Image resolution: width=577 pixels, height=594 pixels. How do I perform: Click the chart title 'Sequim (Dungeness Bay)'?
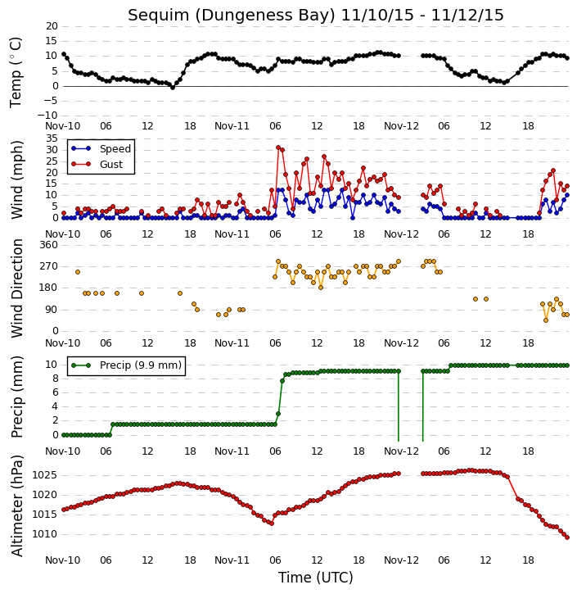click(232, 16)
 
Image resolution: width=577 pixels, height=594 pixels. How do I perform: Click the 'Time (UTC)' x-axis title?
click(316, 578)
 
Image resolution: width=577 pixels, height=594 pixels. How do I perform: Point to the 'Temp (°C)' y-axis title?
click(16, 72)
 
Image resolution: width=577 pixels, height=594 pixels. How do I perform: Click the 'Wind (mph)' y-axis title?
click(17, 179)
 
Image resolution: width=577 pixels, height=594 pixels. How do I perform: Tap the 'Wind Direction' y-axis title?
click(17, 288)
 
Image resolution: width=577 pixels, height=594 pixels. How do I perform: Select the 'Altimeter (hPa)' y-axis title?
click(17, 506)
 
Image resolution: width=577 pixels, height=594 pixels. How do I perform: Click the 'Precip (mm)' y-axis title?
click(17, 397)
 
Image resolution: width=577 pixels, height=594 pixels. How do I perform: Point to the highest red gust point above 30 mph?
click(278, 147)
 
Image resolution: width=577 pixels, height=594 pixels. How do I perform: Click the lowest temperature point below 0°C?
click(173, 88)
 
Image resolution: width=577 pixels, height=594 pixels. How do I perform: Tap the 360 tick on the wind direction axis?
click(49, 245)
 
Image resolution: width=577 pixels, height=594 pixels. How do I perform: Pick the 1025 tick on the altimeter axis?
click(45, 475)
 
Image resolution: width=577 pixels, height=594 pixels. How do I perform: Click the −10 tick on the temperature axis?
click(47, 116)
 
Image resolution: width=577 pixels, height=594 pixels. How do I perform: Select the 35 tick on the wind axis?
click(52, 138)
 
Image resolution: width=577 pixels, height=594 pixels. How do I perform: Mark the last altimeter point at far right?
click(567, 537)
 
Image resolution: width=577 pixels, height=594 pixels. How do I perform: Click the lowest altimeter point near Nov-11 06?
click(271, 524)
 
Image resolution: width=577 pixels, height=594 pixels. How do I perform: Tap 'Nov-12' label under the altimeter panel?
click(401, 560)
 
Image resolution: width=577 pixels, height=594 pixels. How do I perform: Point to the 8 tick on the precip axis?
click(55, 378)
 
